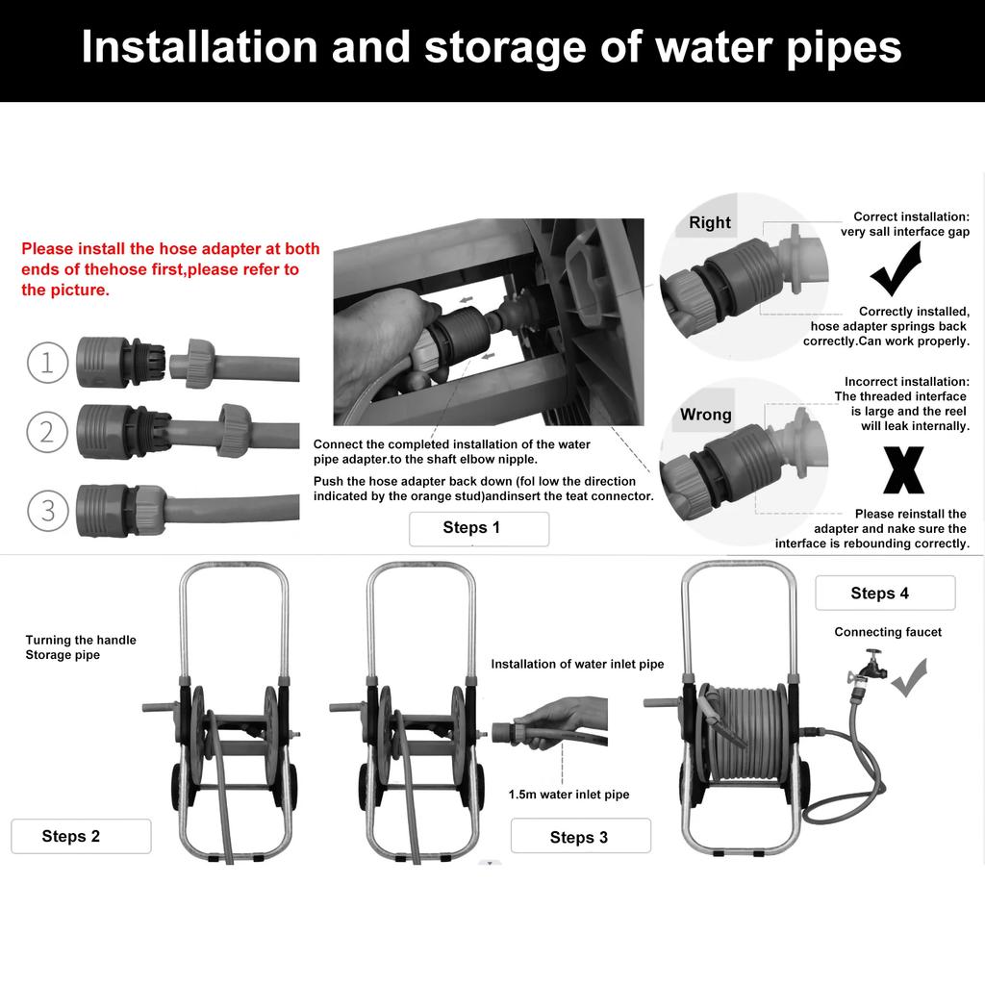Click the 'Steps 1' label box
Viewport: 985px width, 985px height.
click(x=479, y=528)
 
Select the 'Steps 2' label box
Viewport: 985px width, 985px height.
click(x=81, y=836)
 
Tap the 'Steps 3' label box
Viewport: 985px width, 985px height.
click(x=580, y=836)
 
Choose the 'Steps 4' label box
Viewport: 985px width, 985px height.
click(x=885, y=593)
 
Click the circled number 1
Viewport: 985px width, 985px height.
click(x=48, y=363)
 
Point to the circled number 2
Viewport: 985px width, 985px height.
click(x=47, y=432)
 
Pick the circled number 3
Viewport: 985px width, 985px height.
click(x=48, y=510)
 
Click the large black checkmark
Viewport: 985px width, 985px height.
click(x=897, y=270)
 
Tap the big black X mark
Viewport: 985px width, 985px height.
click(x=903, y=470)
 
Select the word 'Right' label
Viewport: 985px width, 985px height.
click(x=710, y=222)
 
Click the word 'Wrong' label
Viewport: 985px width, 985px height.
click(x=705, y=415)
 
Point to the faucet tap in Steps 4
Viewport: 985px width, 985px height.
click(x=869, y=669)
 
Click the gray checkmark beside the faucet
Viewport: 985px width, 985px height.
click(x=909, y=677)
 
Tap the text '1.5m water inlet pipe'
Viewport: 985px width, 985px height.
click(x=569, y=794)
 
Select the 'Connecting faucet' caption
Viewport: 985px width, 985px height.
click(x=888, y=632)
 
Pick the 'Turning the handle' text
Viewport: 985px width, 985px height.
click(x=81, y=640)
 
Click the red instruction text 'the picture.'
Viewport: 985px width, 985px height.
click(x=65, y=290)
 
